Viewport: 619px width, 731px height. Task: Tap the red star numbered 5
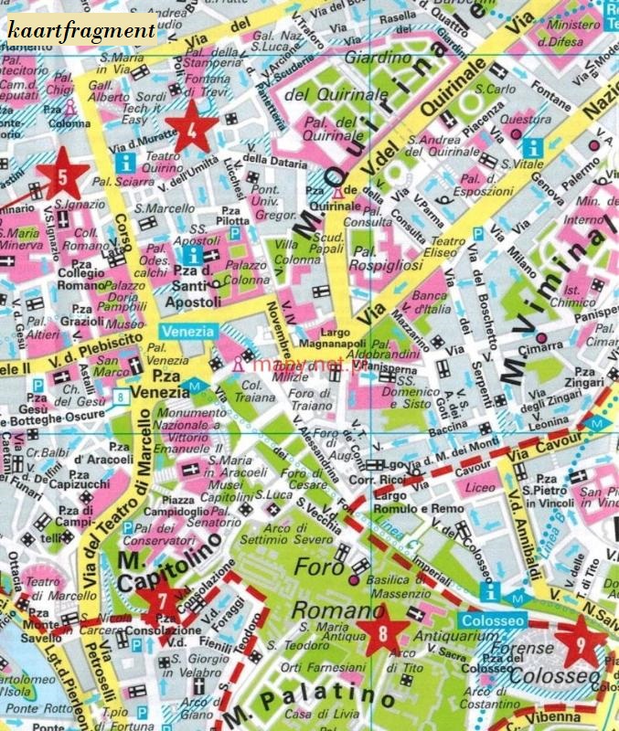pos(61,174)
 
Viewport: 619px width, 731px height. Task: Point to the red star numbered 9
pos(582,641)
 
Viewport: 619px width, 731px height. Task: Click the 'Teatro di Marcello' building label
pos(45,588)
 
